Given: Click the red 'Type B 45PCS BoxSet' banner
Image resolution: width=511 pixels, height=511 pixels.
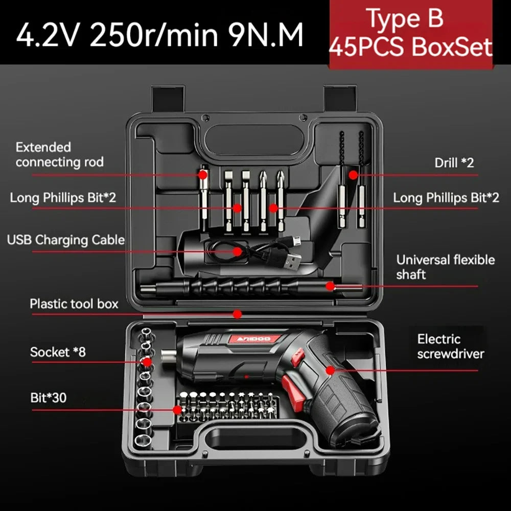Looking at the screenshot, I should click(411, 33).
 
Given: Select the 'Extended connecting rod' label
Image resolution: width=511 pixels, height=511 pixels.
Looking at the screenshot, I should click(59, 155).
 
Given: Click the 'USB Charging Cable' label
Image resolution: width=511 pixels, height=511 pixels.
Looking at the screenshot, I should click(66, 240).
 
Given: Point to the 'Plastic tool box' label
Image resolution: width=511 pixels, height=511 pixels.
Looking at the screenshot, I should click(74, 304).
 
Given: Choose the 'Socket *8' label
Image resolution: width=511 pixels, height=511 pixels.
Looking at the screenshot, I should click(58, 352).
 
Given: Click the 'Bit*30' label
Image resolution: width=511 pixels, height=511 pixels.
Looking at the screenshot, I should click(49, 398).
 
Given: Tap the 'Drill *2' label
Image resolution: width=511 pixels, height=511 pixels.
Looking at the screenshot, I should click(454, 163).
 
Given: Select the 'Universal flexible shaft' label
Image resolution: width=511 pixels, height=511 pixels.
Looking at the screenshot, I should click(445, 267).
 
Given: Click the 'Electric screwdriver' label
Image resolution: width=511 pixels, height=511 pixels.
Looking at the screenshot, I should click(450, 346).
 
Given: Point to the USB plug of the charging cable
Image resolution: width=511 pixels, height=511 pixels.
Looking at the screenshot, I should click(291, 262).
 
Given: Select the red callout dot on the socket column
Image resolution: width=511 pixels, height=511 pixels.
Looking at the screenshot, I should click(147, 362).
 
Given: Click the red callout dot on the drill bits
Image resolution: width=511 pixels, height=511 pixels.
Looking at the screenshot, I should click(353, 175).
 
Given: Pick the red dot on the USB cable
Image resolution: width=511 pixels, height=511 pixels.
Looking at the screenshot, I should click(238, 251).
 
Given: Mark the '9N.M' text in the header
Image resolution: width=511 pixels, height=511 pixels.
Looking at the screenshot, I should click(265, 34).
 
